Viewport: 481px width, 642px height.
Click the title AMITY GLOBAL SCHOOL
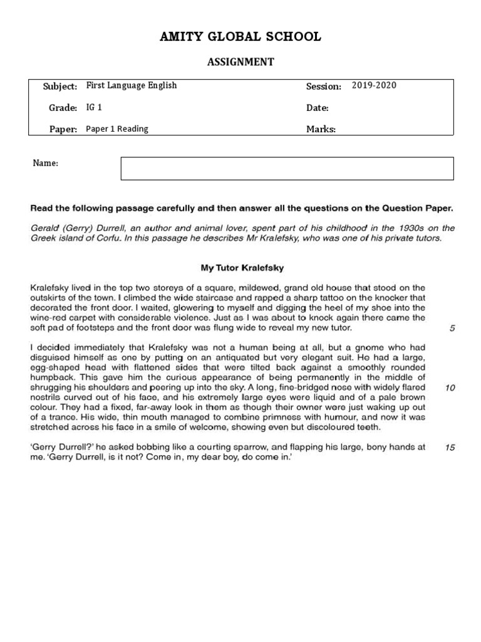point(240,37)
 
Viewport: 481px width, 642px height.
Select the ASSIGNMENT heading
point(240,61)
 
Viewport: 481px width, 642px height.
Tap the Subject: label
point(59,87)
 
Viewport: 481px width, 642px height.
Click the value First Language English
point(131,86)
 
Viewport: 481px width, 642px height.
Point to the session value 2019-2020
point(374,86)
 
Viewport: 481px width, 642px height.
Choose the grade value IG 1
point(94,108)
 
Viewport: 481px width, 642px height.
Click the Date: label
point(317,108)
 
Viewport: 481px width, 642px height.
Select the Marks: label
point(321,130)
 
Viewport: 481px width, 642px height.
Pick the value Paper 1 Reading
point(117,129)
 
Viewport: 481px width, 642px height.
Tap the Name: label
point(45,164)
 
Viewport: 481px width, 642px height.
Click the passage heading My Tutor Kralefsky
point(242,268)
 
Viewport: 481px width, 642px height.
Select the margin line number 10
point(450,388)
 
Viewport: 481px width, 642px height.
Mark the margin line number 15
point(450,448)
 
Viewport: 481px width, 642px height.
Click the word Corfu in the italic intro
point(107,238)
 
